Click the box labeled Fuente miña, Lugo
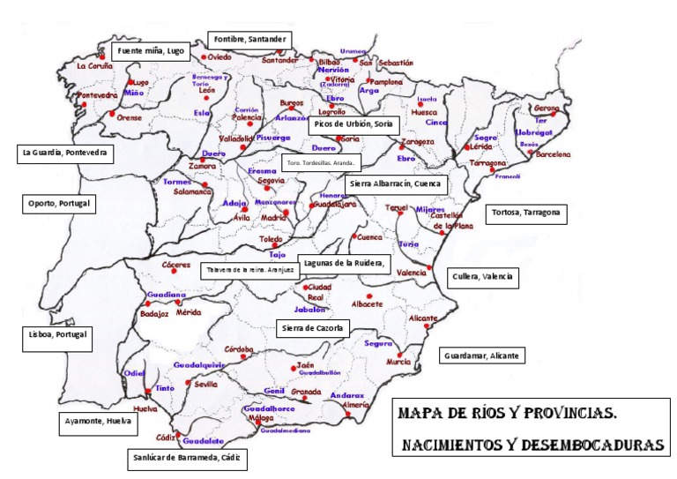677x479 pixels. (x=151, y=51)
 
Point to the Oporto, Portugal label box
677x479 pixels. (x=59, y=204)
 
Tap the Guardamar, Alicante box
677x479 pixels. (x=481, y=356)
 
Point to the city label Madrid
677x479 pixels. (x=274, y=217)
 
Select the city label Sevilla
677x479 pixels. (x=205, y=385)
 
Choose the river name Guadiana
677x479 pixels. (x=167, y=294)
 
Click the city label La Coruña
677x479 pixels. (x=94, y=65)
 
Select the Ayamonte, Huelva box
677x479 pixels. (x=99, y=423)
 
